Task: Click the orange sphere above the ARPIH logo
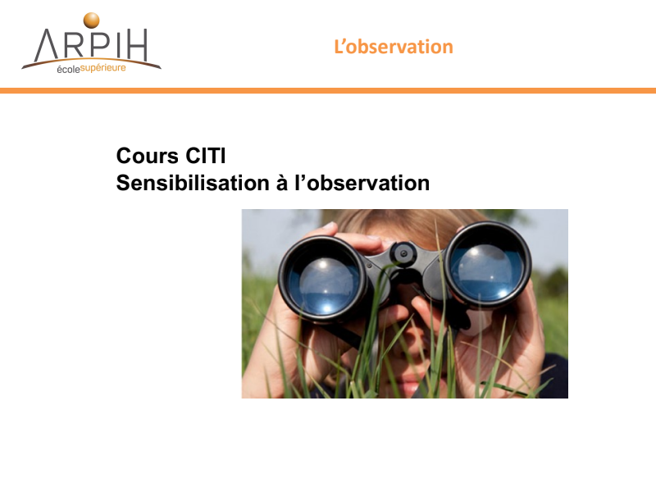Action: (91, 20)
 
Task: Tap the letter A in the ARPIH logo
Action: (46, 45)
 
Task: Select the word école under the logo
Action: (68, 70)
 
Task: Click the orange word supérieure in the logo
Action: (103, 68)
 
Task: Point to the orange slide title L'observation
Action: (394, 47)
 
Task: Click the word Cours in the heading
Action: (148, 156)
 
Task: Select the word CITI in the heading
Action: (206, 156)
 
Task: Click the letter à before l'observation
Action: (282, 183)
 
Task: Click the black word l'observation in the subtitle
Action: (362, 183)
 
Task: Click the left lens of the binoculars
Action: (323, 280)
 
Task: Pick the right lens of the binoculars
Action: (486, 266)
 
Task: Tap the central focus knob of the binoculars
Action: (403, 253)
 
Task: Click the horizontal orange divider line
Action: (328, 90)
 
